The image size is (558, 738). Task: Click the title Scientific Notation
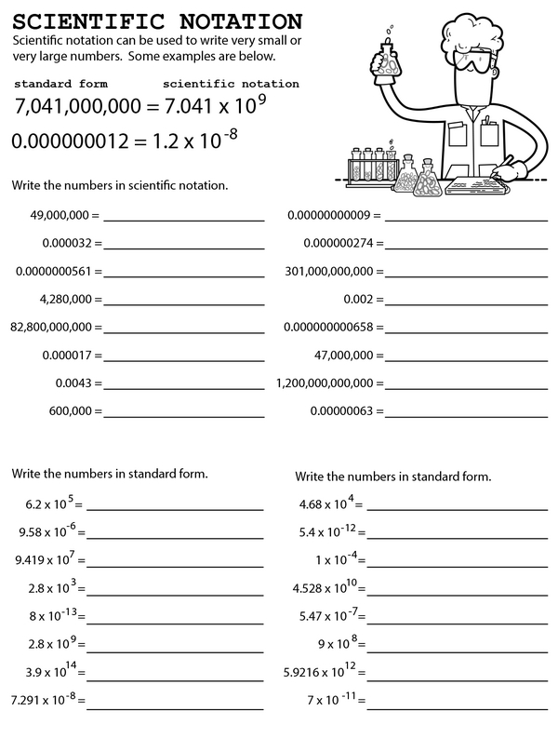[x=157, y=20]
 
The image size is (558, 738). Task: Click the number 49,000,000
[x=59, y=215]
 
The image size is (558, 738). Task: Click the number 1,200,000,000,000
[x=325, y=382]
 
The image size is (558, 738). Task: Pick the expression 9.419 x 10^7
[x=46, y=560]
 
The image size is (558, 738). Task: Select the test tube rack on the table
[x=369, y=168]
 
